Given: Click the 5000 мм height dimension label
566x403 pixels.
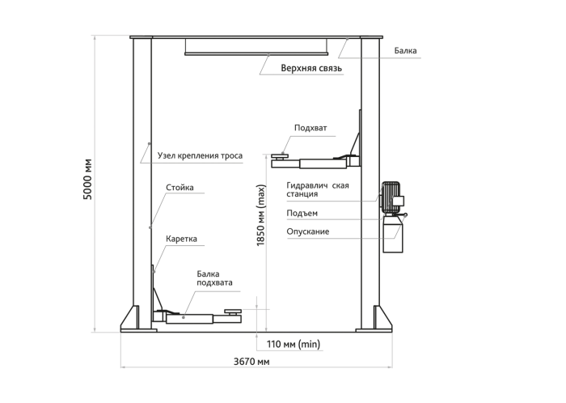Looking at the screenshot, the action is click(x=87, y=179).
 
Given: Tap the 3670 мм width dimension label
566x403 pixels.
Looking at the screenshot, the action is click(x=251, y=362).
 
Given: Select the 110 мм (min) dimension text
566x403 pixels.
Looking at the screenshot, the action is click(x=294, y=344).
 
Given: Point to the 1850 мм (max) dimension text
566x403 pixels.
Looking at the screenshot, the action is click(x=261, y=215).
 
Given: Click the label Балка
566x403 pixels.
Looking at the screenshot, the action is click(x=405, y=50).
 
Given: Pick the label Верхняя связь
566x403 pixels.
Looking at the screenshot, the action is click(x=311, y=68).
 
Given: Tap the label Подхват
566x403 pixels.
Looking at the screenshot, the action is click(x=310, y=128).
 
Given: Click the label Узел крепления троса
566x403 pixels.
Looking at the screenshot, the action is click(x=200, y=155).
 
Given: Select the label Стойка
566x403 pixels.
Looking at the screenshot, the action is click(x=180, y=188).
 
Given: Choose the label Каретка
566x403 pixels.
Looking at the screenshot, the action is click(x=182, y=239).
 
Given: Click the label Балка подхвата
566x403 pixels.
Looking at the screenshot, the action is click(x=214, y=278).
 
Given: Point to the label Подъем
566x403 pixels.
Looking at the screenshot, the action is click(x=302, y=213).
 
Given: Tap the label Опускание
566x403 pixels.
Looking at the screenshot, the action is click(x=308, y=231).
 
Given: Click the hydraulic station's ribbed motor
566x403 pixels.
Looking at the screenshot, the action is click(x=391, y=197).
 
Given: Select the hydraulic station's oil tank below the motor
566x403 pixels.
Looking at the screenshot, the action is click(x=393, y=234).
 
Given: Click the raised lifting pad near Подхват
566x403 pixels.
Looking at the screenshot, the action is click(x=280, y=155).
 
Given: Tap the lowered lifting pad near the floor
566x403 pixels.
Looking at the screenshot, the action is click(x=233, y=312).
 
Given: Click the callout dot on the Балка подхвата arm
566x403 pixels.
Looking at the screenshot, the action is click(x=184, y=317).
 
